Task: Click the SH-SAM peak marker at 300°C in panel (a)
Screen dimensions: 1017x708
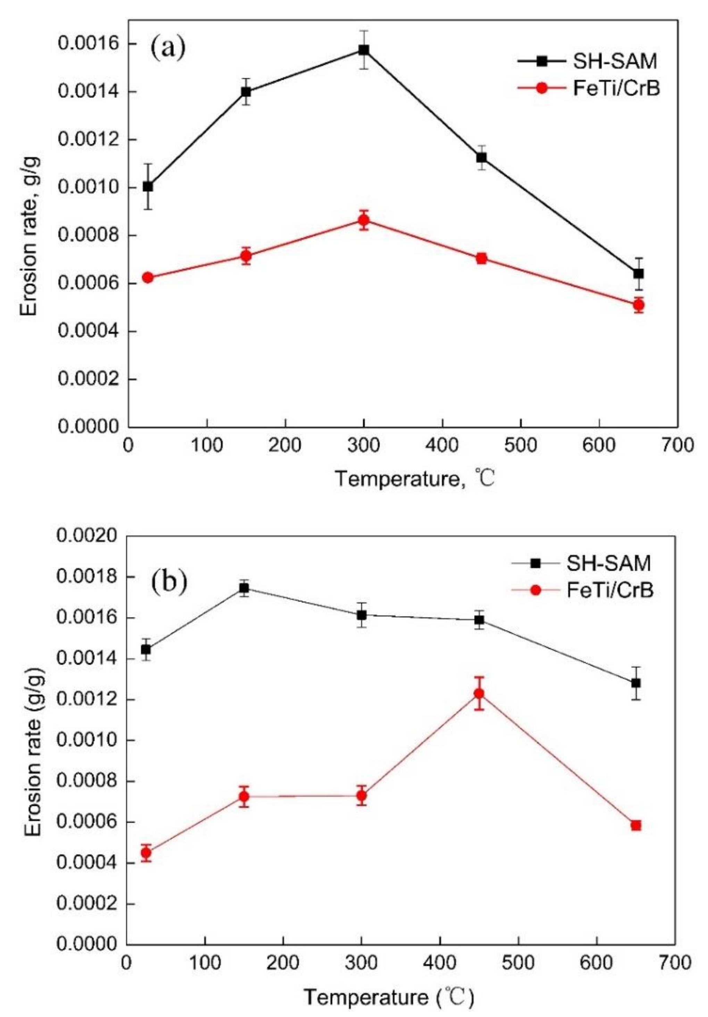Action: coord(364,50)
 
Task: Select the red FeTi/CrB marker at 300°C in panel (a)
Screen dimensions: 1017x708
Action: coord(364,220)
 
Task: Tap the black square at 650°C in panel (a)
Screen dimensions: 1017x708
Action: coord(638,273)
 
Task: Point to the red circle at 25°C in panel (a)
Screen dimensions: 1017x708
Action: coord(148,278)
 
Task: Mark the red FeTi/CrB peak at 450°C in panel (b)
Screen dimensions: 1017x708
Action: coord(478,694)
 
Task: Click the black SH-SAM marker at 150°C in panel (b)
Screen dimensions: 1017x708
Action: coord(244,588)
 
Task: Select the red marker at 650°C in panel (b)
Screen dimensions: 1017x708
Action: coord(636,826)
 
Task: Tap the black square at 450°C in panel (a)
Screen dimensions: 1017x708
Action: coord(481,157)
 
